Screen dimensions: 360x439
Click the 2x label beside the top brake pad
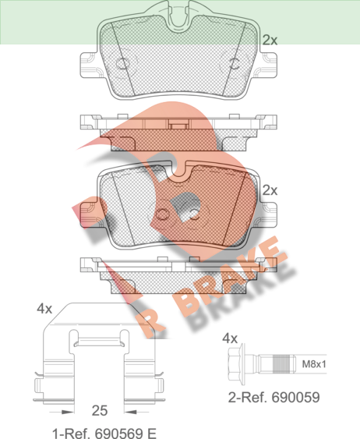click(270, 40)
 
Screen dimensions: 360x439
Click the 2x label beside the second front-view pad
click(270, 190)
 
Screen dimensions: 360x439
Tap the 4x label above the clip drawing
click(44, 309)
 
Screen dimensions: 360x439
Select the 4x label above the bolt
click(230, 338)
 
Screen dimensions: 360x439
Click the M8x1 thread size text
click(314, 364)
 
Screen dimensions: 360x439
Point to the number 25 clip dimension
click(100, 411)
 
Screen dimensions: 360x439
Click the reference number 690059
click(296, 398)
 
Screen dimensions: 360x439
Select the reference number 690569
click(120, 434)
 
